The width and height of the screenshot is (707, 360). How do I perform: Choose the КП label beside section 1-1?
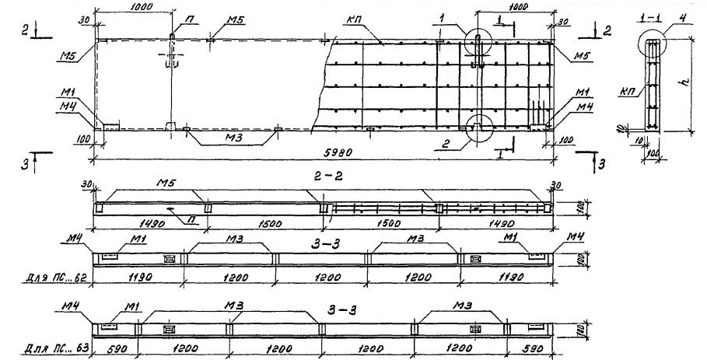[x=631, y=91]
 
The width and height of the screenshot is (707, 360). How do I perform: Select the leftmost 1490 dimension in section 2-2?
[x=112, y=221]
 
